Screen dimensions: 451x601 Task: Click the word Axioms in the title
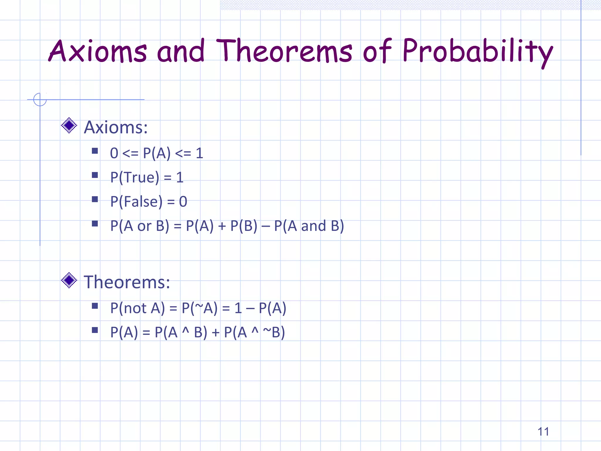tap(97, 51)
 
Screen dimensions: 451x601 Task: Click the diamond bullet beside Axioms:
tap(69, 126)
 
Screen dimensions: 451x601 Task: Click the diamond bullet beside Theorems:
tap(69, 280)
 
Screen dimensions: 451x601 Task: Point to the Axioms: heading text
tap(116, 127)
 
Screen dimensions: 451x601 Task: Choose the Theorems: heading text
tap(127, 282)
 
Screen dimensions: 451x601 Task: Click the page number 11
tap(543, 432)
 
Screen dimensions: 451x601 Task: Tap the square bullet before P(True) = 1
tap(95, 175)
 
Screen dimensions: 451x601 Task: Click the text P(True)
tap(135, 177)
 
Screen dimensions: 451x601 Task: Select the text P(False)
tap(136, 202)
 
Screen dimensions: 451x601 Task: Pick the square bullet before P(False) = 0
tap(95, 199)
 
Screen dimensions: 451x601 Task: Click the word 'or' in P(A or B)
tap(144, 226)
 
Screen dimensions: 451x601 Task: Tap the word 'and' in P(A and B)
tap(313, 226)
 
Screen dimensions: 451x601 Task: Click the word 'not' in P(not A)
tap(135, 308)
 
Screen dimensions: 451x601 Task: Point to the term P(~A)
tap(200, 308)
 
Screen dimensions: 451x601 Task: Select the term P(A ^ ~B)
tap(254, 333)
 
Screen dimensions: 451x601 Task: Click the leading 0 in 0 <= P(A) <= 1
tap(114, 153)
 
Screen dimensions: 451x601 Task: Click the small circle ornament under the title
tap(40, 99)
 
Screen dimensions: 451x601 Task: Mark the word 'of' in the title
tap(377, 51)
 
